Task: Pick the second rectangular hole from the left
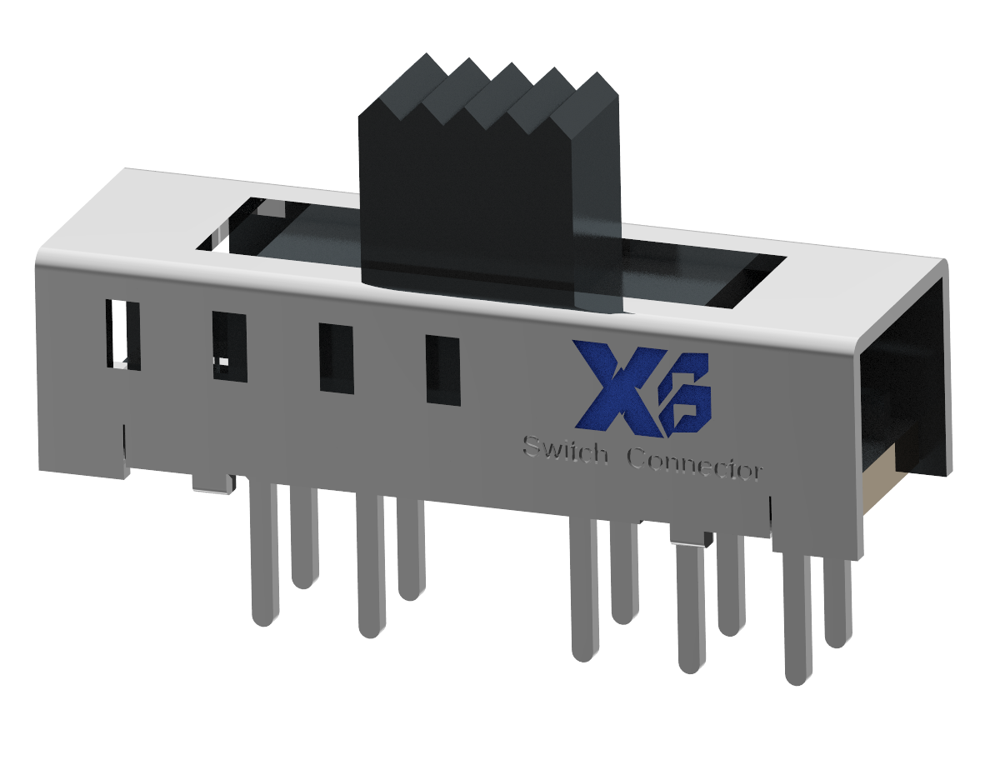[229, 346]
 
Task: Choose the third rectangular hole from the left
[336, 358]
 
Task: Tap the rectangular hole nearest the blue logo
[442, 370]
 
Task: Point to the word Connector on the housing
[693, 463]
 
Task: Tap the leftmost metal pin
[264, 554]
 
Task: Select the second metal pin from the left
[304, 537]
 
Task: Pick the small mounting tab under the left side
[212, 483]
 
